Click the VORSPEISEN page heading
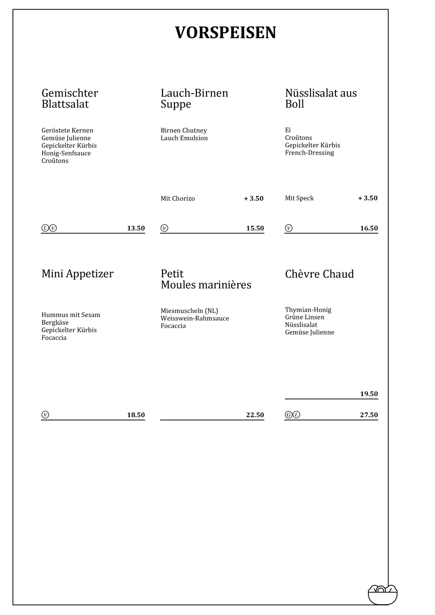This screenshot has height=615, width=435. coord(225,33)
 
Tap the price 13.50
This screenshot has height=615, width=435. coord(136,228)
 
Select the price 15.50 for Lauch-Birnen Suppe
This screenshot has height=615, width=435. coord(255,228)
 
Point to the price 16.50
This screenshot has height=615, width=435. coord(369,228)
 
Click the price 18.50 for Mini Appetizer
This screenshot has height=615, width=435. coord(136,415)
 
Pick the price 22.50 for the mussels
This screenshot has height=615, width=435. coord(255,415)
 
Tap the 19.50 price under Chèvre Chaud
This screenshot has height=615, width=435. coord(369,394)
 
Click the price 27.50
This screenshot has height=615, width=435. coord(369,415)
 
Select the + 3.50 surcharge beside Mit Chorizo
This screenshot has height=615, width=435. coord(254,199)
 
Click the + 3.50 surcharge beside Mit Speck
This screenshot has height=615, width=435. coord(368,198)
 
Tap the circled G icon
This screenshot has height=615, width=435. coord(289,415)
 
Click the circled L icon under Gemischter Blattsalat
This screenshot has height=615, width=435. coord(45,228)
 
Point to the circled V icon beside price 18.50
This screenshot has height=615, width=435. coord(45,415)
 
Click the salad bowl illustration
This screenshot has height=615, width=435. coord(382,594)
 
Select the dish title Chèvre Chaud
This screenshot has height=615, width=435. coord(319,274)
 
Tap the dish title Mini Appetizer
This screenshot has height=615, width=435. coord(78,274)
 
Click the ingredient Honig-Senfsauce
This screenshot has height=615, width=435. coord(66,153)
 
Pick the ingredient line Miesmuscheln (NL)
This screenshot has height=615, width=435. coord(189,311)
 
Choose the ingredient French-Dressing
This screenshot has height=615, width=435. coord(309,153)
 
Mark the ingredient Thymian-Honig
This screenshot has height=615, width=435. coord(308,310)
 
